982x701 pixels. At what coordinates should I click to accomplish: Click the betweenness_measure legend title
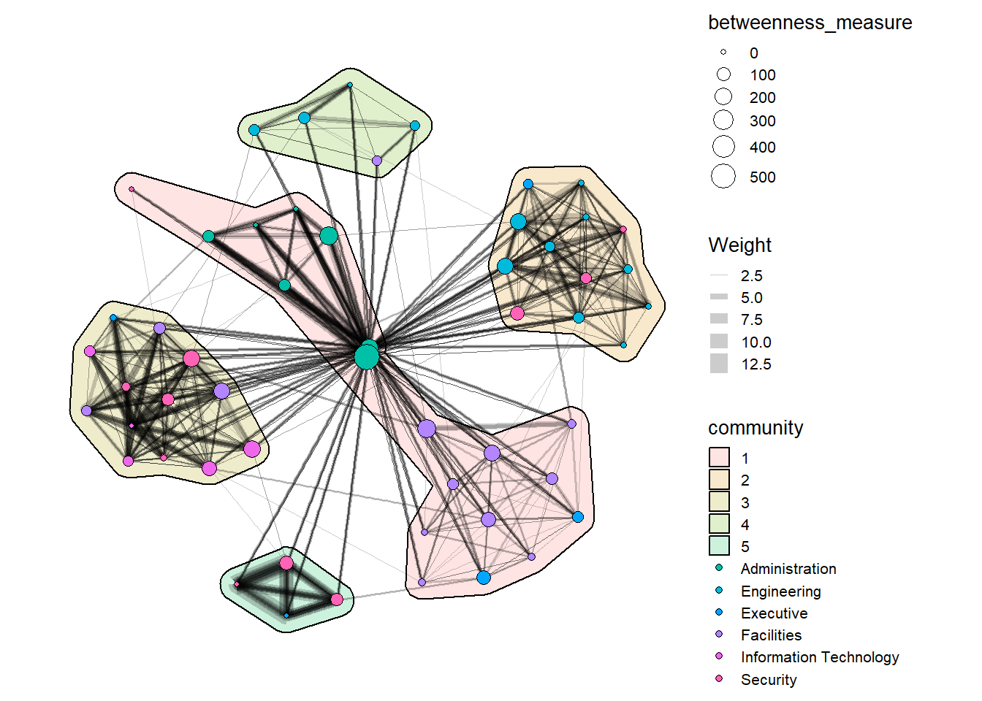pos(810,23)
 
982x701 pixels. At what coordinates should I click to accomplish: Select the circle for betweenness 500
pos(723,177)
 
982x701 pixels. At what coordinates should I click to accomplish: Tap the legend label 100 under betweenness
pos(762,75)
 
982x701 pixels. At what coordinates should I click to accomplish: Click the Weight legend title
pos(739,245)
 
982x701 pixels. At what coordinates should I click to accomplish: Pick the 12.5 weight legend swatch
pos(719,364)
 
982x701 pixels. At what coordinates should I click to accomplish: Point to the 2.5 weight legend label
pos(751,276)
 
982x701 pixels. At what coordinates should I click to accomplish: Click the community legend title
pos(755,428)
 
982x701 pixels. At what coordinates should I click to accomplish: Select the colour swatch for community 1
pos(719,458)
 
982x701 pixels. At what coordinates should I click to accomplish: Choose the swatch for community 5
pos(719,546)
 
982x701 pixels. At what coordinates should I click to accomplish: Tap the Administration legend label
pos(788,569)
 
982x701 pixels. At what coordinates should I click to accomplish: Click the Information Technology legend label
pos(819,657)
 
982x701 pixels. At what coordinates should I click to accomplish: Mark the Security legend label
pos(768,680)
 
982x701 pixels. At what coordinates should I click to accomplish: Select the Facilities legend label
pos(771,635)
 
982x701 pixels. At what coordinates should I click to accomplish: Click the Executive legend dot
pos(719,613)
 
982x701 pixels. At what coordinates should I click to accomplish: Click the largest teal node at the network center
pos(366,357)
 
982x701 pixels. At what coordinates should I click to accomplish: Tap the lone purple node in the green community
pos(376,161)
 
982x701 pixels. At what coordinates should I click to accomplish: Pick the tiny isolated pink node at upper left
pos(132,189)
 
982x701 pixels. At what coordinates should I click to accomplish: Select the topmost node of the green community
pos(350,85)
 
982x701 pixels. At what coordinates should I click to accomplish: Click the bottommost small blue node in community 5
pos(286,616)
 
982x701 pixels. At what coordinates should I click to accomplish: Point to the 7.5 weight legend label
pos(751,320)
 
